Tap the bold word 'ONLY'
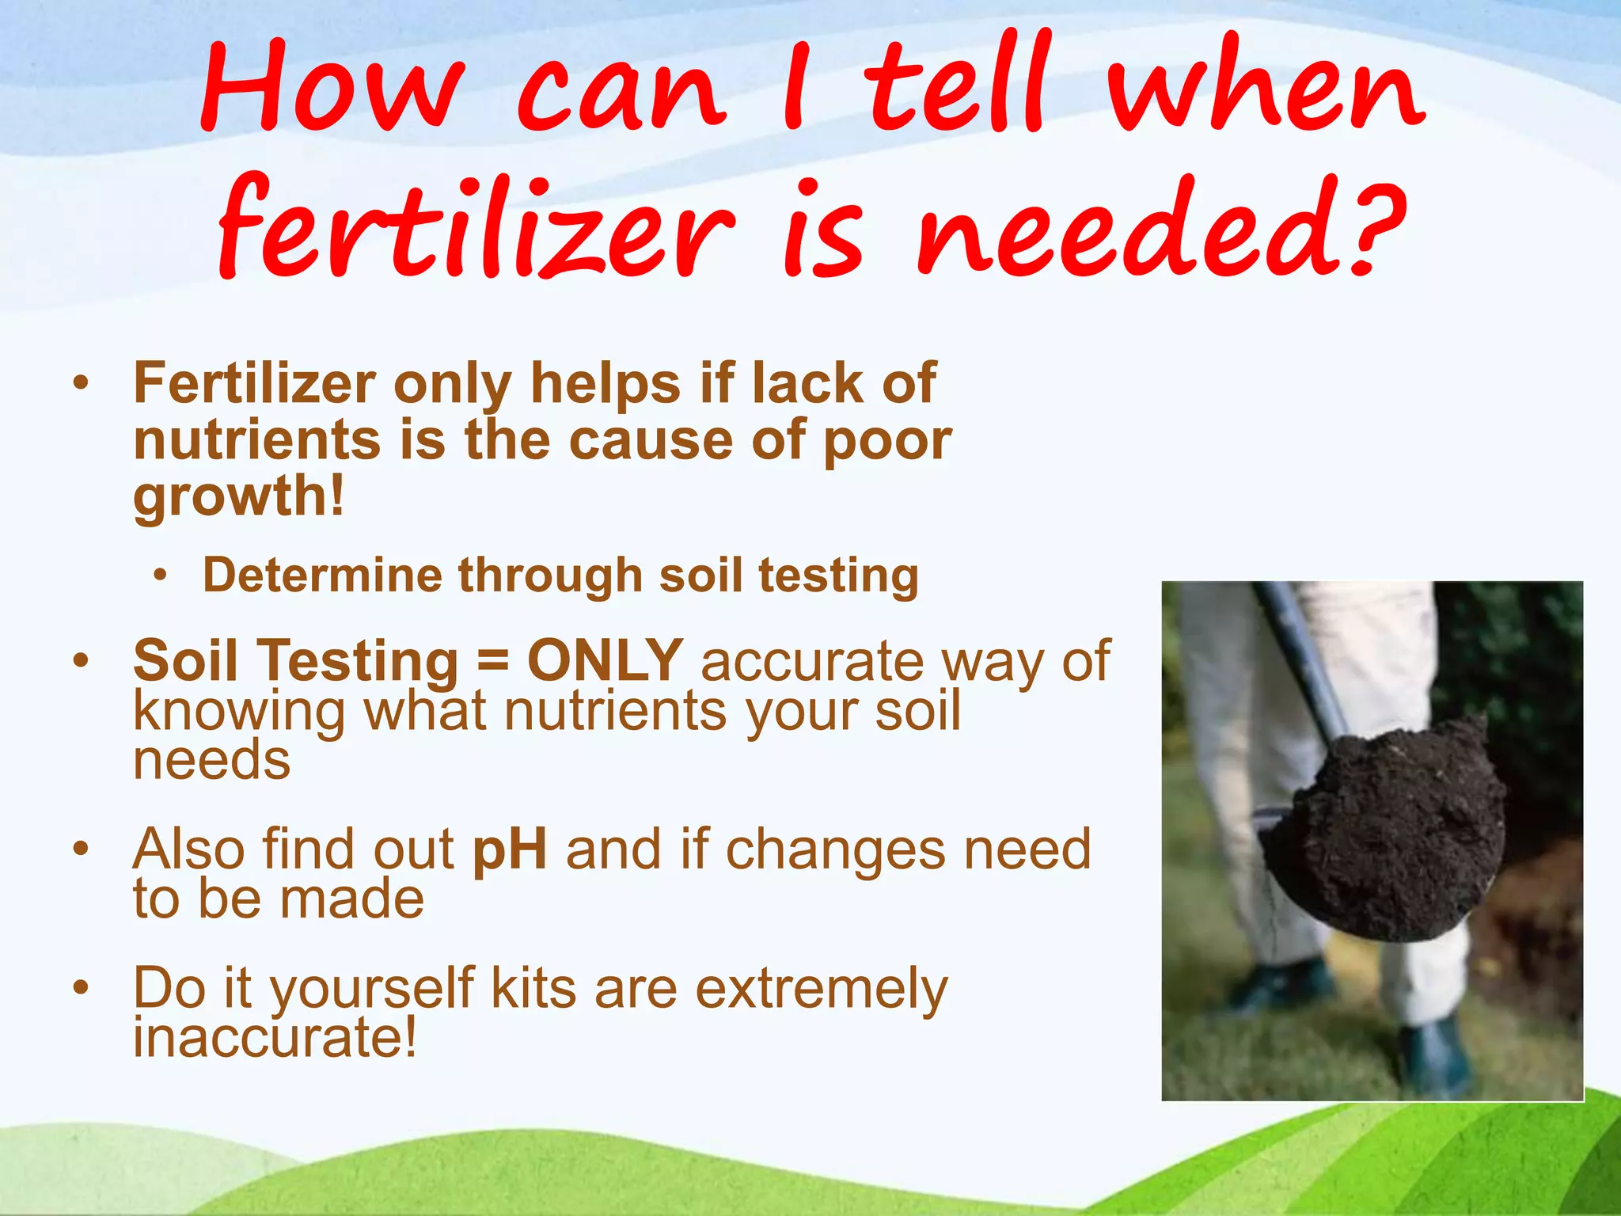pyautogui.click(x=605, y=660)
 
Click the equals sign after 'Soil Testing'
pyautogui.click(x=492, y=660)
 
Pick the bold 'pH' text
pyautogui.click(x=509, y=849)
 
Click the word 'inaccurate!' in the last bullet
pyautogui.click(x=274, y=1037)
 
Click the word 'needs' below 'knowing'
pyautogui.click(x=211, y=760)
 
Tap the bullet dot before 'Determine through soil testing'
pyautogui.click(x=161, y=576)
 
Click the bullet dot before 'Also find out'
pyautogui.click(x=80, y=849)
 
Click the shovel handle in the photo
pyautogui.click(x=1298, y=657)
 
